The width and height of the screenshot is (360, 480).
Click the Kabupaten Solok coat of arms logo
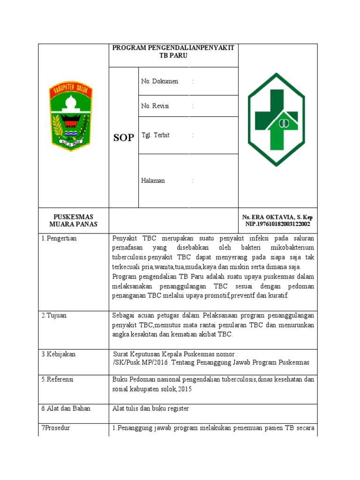click(71, 114)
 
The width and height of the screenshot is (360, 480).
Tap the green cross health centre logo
click(277, 120)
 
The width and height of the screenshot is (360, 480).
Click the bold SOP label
click(123, 137)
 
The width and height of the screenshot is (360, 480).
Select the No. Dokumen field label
click(159, 81)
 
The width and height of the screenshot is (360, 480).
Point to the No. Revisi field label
click(155, 106)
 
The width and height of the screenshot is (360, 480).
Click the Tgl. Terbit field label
click(155, 135)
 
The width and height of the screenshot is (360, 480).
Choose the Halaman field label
click(153, 180)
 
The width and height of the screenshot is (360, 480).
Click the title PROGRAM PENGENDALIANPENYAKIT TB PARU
click(173, 52)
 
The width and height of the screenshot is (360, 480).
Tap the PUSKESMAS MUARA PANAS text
click(73, 220)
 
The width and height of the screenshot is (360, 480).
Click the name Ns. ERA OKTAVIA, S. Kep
click(277, 217)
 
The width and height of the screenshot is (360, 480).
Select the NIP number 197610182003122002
click(277, 224)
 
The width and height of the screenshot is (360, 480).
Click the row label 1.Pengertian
click(59, 238)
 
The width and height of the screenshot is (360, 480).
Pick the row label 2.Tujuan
click(54, 315)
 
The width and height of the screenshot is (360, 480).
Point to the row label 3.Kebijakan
click(58, 354)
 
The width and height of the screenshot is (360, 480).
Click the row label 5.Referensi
click(58, 379)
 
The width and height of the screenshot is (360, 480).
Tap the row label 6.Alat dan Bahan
click(66, 408)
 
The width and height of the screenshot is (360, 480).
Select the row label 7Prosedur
click(56, 428)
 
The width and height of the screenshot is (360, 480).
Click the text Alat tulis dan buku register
click(150, 408)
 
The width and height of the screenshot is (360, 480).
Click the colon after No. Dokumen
click(192, 82)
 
